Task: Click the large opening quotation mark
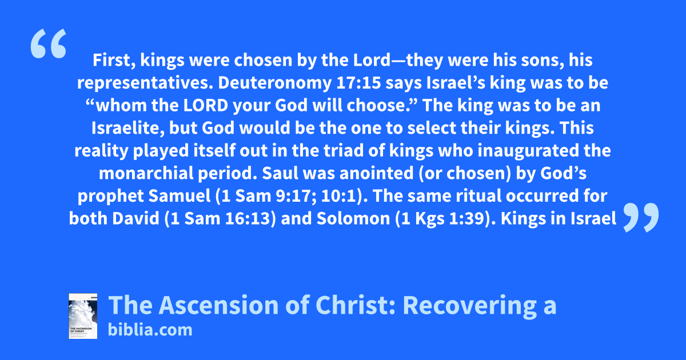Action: click(x=49, y=43)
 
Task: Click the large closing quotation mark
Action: click(x=641, y=217)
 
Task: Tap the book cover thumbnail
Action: click(x=83, y=316)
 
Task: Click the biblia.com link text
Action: click(x=150, y=330)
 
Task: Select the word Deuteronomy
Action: click(x=275, y=83)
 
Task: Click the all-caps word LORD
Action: click(x=206, y=105)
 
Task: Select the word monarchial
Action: click(x=146, y=173)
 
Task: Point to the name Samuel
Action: click(x=180, y=196)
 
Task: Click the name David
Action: click(x=135, y=218)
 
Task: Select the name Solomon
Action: click(x=353, y=218)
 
